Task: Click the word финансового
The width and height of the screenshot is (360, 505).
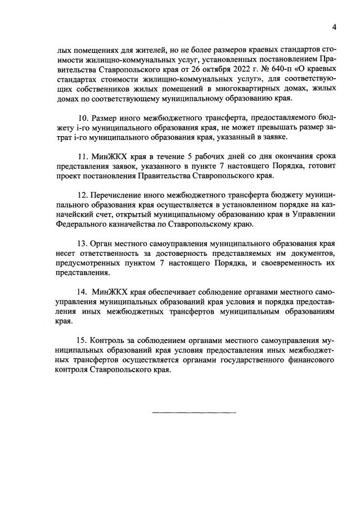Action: pyautogui.click(x=313, y=360)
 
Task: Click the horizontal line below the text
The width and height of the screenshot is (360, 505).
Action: pyautogui.click(x=195, y=413)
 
